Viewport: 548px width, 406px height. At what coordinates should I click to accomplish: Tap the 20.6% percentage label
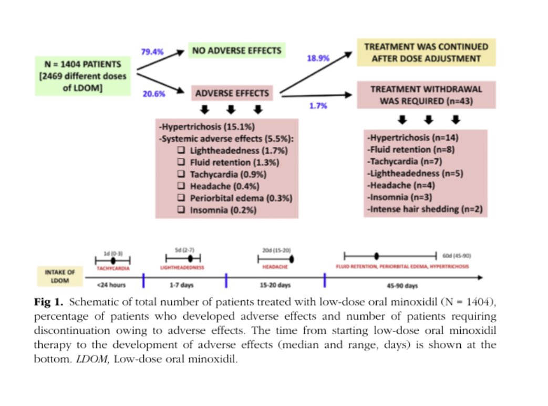[153, 94]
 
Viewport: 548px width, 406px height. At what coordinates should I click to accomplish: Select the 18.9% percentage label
[318, 58]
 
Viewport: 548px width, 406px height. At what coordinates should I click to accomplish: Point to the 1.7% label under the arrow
[318, 105]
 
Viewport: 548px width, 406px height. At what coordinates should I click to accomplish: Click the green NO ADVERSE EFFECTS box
[237, 51]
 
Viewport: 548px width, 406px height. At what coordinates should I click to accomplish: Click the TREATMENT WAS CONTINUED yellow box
[426, 53]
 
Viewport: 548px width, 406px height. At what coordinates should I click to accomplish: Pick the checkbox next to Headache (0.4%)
[181, 186]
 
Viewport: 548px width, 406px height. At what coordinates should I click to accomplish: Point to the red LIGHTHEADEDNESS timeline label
[183, 267]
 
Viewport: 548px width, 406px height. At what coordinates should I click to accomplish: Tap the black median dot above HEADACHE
[291, 259]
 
